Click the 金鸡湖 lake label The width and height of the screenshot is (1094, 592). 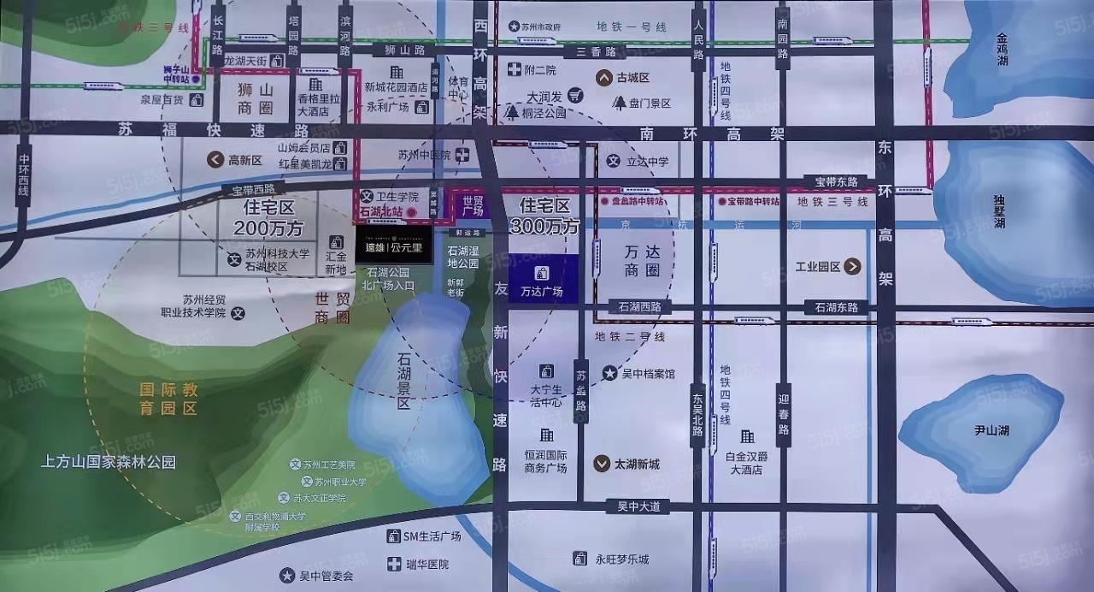coord(1014,50)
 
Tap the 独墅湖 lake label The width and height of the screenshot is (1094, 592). coord(1000,211)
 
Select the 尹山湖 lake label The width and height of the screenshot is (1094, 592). coord(991,429)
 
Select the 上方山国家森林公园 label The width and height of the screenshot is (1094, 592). coord(109,462)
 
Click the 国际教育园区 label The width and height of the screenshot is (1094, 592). coord(169,399)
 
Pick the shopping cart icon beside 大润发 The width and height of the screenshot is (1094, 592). coord(576,95)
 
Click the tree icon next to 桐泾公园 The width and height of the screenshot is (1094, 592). coord(512,112)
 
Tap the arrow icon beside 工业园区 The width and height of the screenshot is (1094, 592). coord(852,267)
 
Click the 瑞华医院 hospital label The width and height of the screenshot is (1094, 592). coord(426,565)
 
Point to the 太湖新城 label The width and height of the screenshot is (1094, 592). coord(637,464)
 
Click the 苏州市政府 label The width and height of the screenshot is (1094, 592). coord(541,27)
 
